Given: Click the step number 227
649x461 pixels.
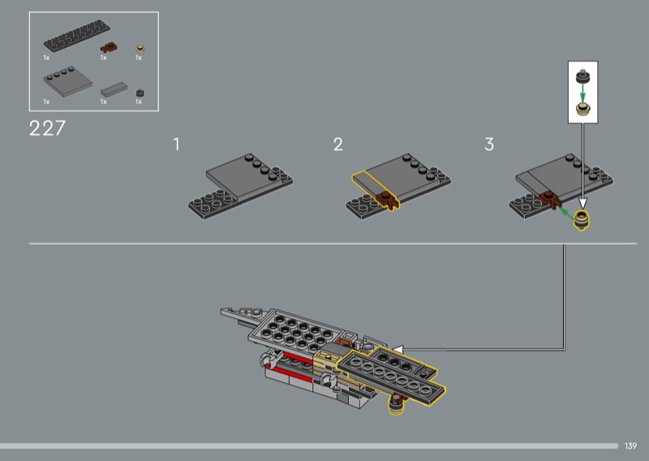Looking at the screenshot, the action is pos(47,128).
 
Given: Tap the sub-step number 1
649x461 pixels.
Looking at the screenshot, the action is pos(177,144).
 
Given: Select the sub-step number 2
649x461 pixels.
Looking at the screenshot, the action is pos(337,144).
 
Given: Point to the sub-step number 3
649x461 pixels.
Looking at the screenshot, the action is pos(489,144).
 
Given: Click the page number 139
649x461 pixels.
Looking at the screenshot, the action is pos(630,446).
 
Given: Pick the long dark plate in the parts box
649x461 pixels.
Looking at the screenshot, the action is pos(77,36).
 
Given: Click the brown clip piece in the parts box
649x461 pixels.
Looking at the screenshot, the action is pos(109,48).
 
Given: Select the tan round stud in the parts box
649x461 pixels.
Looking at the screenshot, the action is pos(140,50).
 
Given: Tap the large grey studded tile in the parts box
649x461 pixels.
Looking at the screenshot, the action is pos(67,81).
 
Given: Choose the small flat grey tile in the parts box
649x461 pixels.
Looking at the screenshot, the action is pos(114,89).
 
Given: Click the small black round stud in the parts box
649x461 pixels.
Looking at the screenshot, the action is pos(140,93).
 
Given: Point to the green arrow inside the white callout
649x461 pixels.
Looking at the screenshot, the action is pos(582,93).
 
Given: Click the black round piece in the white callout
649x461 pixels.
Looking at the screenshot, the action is pos(582,76).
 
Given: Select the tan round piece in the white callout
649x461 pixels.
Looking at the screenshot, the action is pos(582,109).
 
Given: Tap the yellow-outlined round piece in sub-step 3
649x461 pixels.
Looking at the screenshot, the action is pos(582,220).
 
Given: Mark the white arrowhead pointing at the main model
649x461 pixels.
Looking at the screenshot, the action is pos(398,350).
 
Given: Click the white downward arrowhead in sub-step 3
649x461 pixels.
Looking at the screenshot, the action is pos(582,204).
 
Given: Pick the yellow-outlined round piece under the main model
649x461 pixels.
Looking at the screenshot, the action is pos(396,404).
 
